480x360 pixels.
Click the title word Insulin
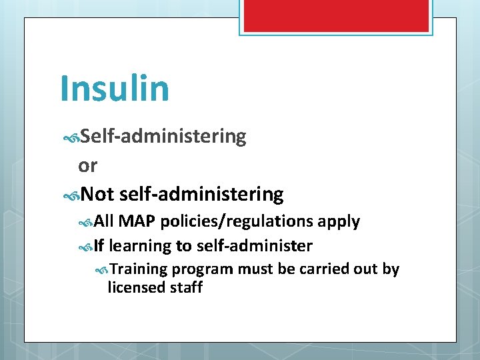(114, 87)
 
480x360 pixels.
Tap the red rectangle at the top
(335, 16)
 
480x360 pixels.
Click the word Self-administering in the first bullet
(163, 137)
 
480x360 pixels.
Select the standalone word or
(87, 165)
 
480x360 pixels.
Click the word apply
(339, 221)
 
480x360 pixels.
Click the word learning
(140, 246)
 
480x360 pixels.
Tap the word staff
(187, 287)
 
